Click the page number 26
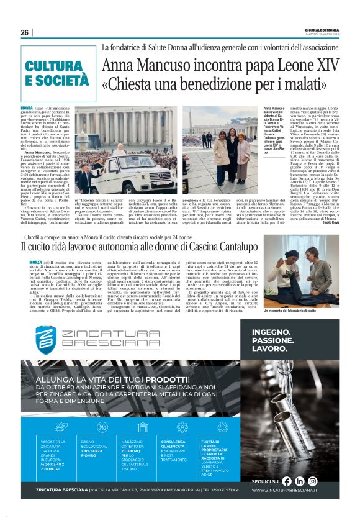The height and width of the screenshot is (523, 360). [24, 32]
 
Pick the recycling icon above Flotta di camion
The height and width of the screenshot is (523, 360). [222, 427]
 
